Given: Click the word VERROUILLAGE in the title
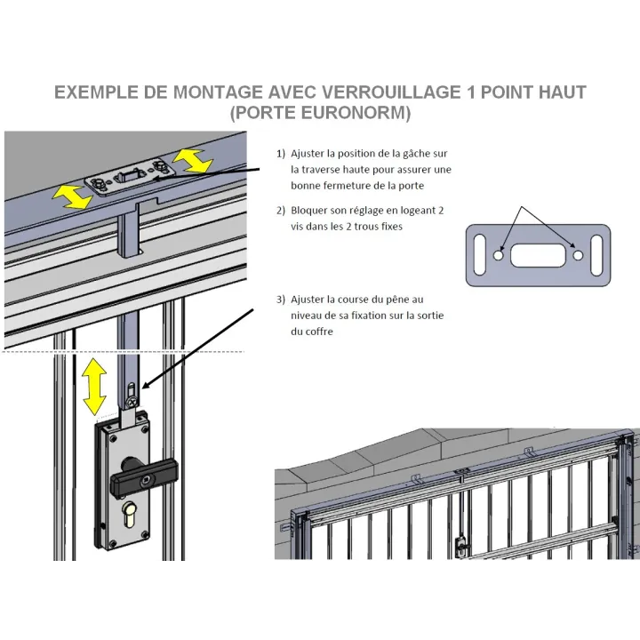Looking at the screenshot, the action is click(390, 92).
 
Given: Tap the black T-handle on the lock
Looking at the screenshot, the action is click(144, 475).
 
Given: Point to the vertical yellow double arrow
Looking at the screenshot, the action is click(94, 386).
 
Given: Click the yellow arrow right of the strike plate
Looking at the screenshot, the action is click(192, 160).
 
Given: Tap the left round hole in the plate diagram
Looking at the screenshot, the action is click(498, 255).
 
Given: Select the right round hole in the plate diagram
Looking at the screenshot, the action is click(578, 255).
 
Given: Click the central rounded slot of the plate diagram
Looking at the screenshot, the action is click(538, 255).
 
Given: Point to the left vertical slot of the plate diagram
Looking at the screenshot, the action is click(479, 255).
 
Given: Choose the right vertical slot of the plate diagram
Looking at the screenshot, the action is click(596, 255).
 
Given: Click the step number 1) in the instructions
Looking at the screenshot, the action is click(280, 154).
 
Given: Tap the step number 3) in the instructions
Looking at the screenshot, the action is click(280, 300).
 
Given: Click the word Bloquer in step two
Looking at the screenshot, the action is click(308, 211).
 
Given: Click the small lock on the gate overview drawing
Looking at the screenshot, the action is click(460, 546).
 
